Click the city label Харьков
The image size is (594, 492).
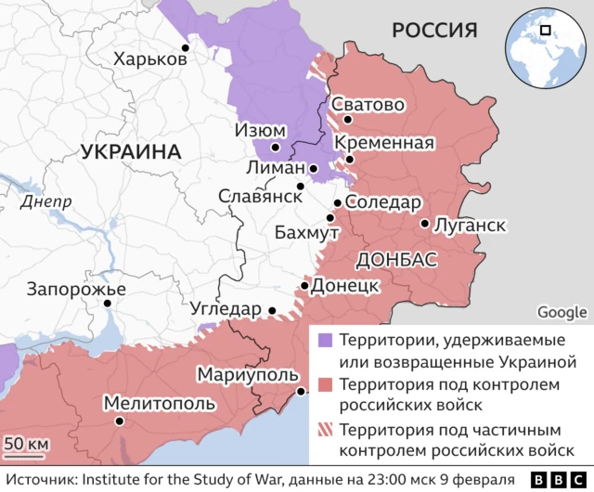(x=149, y=59)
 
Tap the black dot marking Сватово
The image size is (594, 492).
(x=347, y=120)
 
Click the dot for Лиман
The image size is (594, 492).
(x=314, y=169)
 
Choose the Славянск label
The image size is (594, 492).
(x=260, y=196)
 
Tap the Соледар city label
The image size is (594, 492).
(x=383, y=202)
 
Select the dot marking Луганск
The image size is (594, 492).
(x=424, y=224)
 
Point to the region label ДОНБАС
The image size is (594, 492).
(x=395, y=259)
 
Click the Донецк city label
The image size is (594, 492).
(x=344, y=285)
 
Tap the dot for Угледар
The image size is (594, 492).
(x=272, y=311)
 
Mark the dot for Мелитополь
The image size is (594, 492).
(x=118, y=421)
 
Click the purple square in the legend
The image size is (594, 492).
(x=324, y=339)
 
